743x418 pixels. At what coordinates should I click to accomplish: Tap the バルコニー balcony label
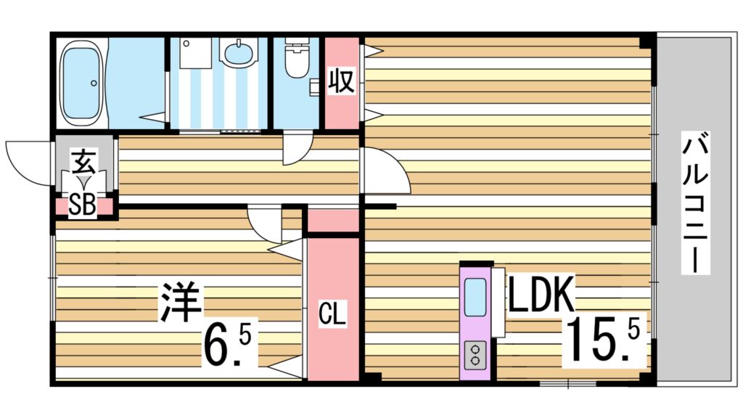coord(694,204)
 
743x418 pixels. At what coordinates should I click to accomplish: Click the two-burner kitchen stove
coord(476,356)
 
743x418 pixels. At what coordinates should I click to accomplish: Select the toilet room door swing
coord(295,148)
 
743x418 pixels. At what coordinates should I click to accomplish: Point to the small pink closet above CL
coord(333,220)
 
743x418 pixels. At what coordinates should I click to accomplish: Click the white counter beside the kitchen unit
coord(498,302)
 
